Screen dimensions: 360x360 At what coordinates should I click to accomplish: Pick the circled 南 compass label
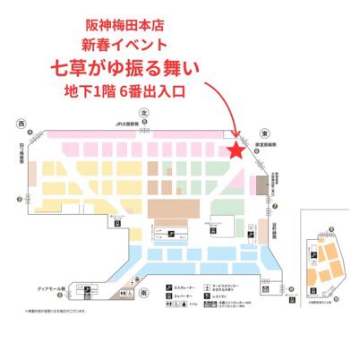coord(144,294)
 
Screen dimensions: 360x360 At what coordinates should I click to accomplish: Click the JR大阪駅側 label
coord(142,126)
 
